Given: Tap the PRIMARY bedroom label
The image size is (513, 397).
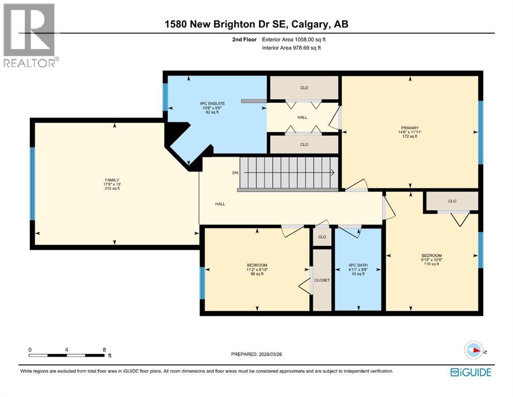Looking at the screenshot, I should coord(410,128).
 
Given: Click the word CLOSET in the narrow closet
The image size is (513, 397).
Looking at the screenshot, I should coord(322,280).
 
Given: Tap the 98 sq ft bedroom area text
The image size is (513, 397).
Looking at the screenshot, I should coord(257,274).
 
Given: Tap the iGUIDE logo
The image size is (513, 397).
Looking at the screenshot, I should coord(471,372).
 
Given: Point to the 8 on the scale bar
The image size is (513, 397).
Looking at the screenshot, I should coord(104,349).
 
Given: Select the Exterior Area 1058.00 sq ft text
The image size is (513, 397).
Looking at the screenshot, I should coord(294,39).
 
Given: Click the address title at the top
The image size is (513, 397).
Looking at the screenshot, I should coord(256,24).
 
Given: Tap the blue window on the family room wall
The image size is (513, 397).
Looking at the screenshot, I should coord(33,183).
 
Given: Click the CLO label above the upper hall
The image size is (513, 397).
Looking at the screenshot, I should coord(304,87).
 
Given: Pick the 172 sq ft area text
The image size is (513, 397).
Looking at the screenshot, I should coord(410,136).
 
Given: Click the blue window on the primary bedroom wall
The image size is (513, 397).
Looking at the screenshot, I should coord(480,132).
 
